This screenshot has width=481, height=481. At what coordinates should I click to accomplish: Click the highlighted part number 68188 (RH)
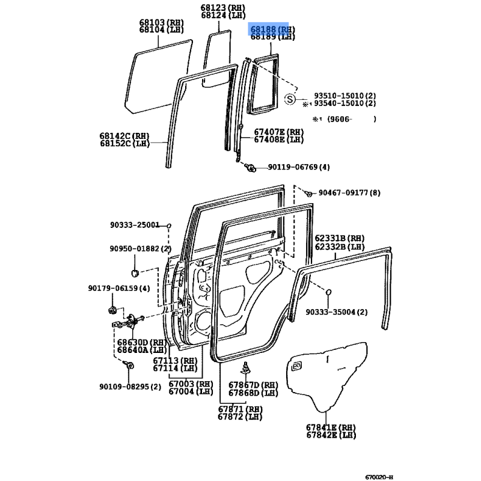[x=272, y=29]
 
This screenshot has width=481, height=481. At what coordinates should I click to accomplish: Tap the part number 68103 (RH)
[x=161, y=22]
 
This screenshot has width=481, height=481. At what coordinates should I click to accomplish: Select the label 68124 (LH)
[x=223, y=15]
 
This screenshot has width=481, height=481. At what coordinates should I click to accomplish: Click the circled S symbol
[x=290, y=99]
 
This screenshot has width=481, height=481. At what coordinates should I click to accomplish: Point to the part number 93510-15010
[x=339, y=96]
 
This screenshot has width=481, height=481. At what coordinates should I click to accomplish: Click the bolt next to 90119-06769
[x=251, y=168]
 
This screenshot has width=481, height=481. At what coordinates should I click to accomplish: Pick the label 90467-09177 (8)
[x=349, y=192]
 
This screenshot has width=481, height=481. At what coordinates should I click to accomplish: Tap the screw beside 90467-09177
[x=308, y=194]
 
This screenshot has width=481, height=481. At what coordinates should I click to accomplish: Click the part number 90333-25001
[x=135, y=225]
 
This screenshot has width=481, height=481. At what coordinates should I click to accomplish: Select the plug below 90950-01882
[x=135, y=272]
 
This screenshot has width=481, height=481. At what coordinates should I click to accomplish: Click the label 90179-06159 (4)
[x=119, y=289]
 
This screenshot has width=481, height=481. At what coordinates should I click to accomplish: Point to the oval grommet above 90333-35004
[x=328, y=292]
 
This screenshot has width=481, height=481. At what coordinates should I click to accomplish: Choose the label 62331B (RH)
[x=340, y=238]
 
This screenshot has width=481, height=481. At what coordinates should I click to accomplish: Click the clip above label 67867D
[x=246, y=367]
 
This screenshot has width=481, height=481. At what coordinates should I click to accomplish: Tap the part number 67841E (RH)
[x=331, y=427]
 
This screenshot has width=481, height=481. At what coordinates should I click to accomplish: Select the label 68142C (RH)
[x=124, y=136]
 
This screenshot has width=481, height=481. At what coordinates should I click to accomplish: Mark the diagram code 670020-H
[x=379, y=477]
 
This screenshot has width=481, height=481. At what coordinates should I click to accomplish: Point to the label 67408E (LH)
[x=279, y=139]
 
